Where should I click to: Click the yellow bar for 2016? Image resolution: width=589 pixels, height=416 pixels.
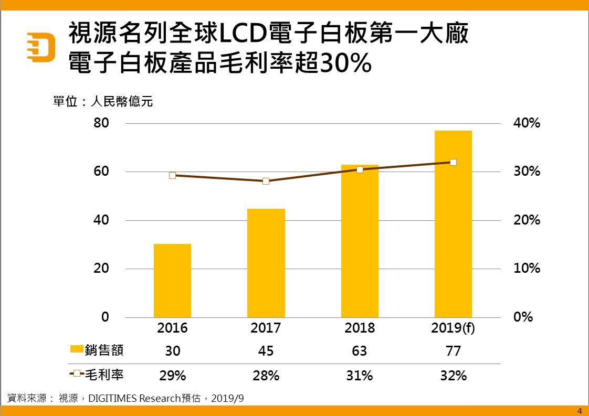click(172, 281)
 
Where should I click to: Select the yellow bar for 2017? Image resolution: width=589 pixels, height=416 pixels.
click(266, 263)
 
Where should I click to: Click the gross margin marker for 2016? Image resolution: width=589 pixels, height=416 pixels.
click(172, 175)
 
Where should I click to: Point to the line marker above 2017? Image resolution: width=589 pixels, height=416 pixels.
click(266, 181)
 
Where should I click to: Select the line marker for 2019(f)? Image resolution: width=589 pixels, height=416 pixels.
click(454, 162)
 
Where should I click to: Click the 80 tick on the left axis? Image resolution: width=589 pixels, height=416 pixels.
click(101, 124)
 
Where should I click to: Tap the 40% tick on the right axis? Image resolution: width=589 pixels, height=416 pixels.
click(526, 124)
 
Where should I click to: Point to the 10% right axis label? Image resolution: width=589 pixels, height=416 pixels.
click(526, 269)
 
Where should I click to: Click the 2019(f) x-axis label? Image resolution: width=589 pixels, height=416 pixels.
click(453, 328)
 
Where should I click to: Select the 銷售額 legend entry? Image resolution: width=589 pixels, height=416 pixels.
click(97, 350)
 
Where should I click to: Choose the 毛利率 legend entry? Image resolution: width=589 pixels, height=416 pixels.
click(97, 374)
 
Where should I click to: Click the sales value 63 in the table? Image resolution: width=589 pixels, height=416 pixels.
click(360, 351)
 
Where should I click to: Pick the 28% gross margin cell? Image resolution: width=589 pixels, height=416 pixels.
click(266, 376)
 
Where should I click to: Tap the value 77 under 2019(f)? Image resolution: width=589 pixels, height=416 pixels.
click(453, 351)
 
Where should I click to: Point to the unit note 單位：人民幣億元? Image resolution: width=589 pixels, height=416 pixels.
click(103, 102)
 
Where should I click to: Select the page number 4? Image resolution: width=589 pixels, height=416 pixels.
click(580, 411)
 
